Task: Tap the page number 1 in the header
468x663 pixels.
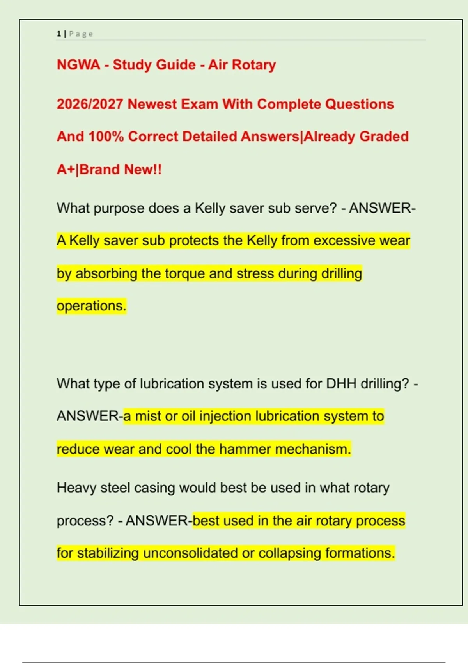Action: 58,34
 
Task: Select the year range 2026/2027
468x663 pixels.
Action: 90,104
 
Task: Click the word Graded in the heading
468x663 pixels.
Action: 384,136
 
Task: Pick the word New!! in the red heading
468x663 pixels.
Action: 143,170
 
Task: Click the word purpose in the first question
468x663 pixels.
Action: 119,208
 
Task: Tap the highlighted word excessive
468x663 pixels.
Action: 339,241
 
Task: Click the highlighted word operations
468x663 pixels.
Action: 91,306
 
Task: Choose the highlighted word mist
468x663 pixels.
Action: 148,416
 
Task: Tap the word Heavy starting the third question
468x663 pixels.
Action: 76,488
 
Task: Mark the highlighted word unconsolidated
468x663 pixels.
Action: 191,553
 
